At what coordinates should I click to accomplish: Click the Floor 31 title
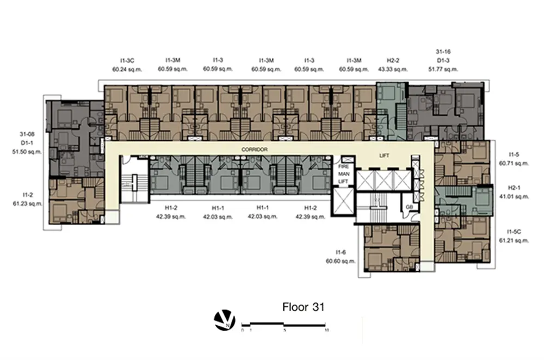(x=303, y=307)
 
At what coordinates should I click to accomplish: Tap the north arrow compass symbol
(x=225, y=320)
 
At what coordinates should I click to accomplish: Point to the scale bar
(x=283, y=325)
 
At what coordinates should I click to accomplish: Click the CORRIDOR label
(x=254, y=150)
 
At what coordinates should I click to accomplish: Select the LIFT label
(x=384, y=156)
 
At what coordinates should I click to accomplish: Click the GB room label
(x=410, y=207)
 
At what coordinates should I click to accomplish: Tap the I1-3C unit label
(x=127, y=61)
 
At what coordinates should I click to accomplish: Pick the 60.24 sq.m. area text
(x=127, y=70)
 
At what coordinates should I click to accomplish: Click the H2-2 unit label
(x=393, y=60)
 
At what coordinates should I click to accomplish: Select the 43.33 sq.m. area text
(x=393, y=69)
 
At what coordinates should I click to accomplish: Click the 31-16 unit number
(x=443, y=52)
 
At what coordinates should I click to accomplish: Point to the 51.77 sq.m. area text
(x=443, y=69)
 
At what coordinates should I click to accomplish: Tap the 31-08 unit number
(x=27, y=134)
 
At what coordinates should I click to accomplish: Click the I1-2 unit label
(x=28, y=195)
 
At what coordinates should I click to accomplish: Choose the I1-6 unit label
(x=341, y=252)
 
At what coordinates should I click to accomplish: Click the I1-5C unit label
(x=514, y=232)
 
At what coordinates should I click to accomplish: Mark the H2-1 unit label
(x=514, y=188)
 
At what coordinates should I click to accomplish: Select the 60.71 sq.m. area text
(x=514, y=163)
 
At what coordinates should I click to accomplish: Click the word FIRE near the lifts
(x=343, y=166)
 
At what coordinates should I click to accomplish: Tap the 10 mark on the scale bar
(x=327, y=330)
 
